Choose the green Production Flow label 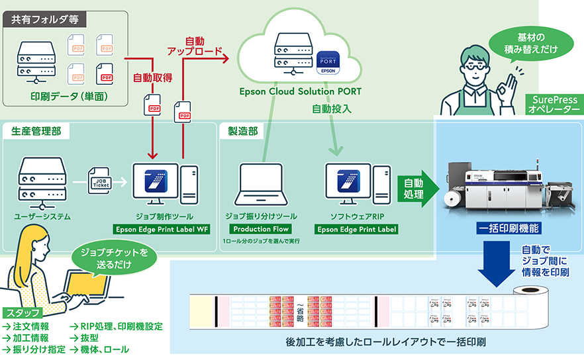pyautogui.click(x=258, y=230)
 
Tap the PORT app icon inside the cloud pyautogui.click(x=328, y=62)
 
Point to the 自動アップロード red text pyautogui.click(x=195, y=46)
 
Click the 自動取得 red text pyautogui.click(x=152, y=77)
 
